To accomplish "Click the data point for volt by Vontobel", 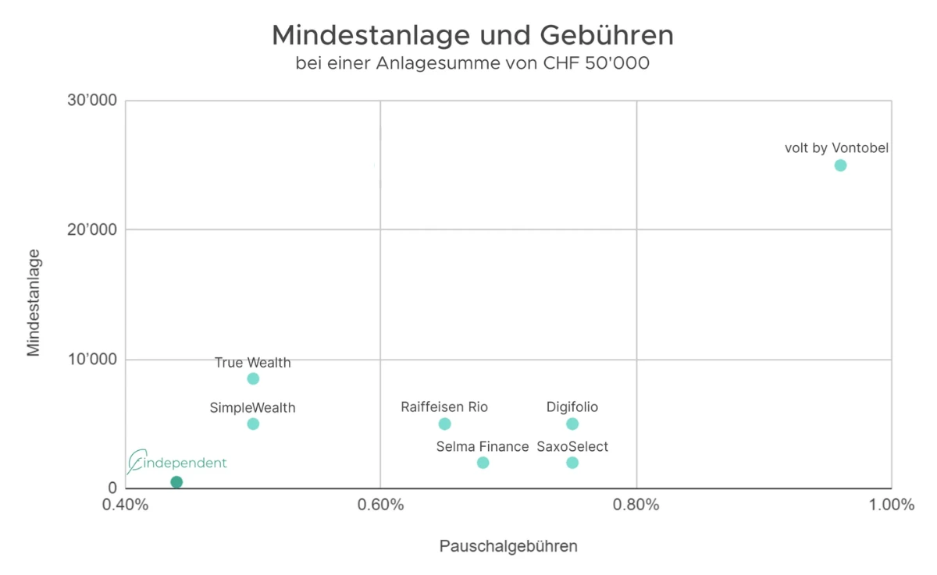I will click(x=840, y=165).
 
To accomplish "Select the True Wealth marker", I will click(x=253, y=378).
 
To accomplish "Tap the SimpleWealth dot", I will click(x=253, y=424).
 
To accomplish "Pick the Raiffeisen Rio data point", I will click(x=444, y=424).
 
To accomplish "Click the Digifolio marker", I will click(x=572, y=424).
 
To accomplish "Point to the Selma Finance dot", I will click(x=483, y=463).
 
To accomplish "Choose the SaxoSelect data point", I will click(x=572, y=463).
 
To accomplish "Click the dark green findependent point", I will click(x=176, y=482).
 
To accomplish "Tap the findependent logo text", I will click(x=181, y=463).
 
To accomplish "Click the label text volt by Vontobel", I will click(x=836, y=147).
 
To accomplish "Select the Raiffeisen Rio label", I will click(x=444, y=406).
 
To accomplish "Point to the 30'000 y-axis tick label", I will click(x=94, y=101).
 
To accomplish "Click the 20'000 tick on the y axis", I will click(x=94, y=230).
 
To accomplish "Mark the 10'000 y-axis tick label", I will click(x=94, y=360).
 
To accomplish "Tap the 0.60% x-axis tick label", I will click(x=380, y=505).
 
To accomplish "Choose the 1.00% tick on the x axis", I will click(x=891, y=505).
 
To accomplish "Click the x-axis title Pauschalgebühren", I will click(x=508, y=546).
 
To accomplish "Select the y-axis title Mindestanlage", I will click(x=34, y=302).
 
